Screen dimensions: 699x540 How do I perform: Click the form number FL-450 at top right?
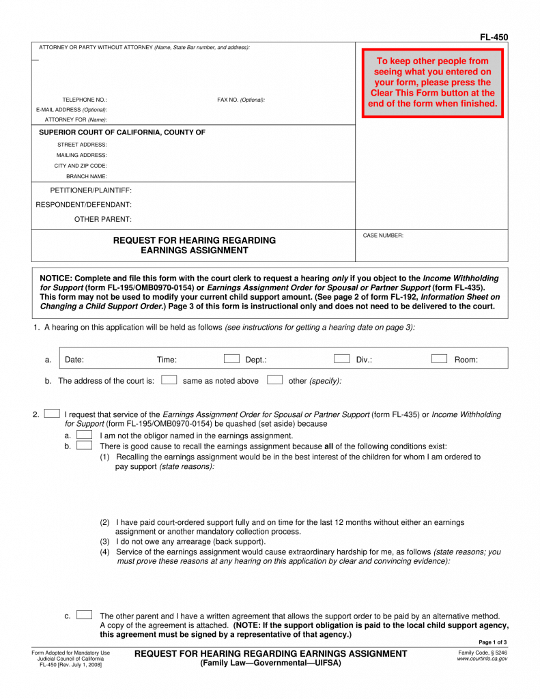(494, 38)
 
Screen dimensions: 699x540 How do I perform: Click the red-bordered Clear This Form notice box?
(432, 83)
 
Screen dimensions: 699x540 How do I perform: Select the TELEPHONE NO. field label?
(85, 100)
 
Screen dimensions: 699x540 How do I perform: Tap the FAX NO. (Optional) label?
(241, 100)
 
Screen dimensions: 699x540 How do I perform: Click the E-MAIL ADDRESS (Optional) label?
(72, 109)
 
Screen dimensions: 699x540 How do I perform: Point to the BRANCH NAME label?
(87, 176)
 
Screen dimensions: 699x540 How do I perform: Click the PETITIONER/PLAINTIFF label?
(91, 190)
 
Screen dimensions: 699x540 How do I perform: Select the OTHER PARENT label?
(103, 219)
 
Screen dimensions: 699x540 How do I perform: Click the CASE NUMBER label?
(383, 236)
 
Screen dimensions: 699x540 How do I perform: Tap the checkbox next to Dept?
(232, 358)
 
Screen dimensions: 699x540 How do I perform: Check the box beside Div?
(342, 358)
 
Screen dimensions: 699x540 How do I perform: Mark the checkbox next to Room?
(439, 358)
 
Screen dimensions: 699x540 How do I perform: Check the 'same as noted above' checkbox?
(169, 380)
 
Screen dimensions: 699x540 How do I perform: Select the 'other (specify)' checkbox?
(275, 380)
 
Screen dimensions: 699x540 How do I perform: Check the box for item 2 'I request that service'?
(51, 414)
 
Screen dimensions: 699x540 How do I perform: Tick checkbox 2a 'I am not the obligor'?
(85, 434)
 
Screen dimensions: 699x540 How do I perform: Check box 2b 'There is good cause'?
(85, 445)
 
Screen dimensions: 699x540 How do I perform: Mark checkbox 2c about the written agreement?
(85, 615)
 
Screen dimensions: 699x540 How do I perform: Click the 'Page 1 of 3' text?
(493, 642)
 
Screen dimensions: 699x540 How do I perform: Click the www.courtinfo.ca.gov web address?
(482, 659)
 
